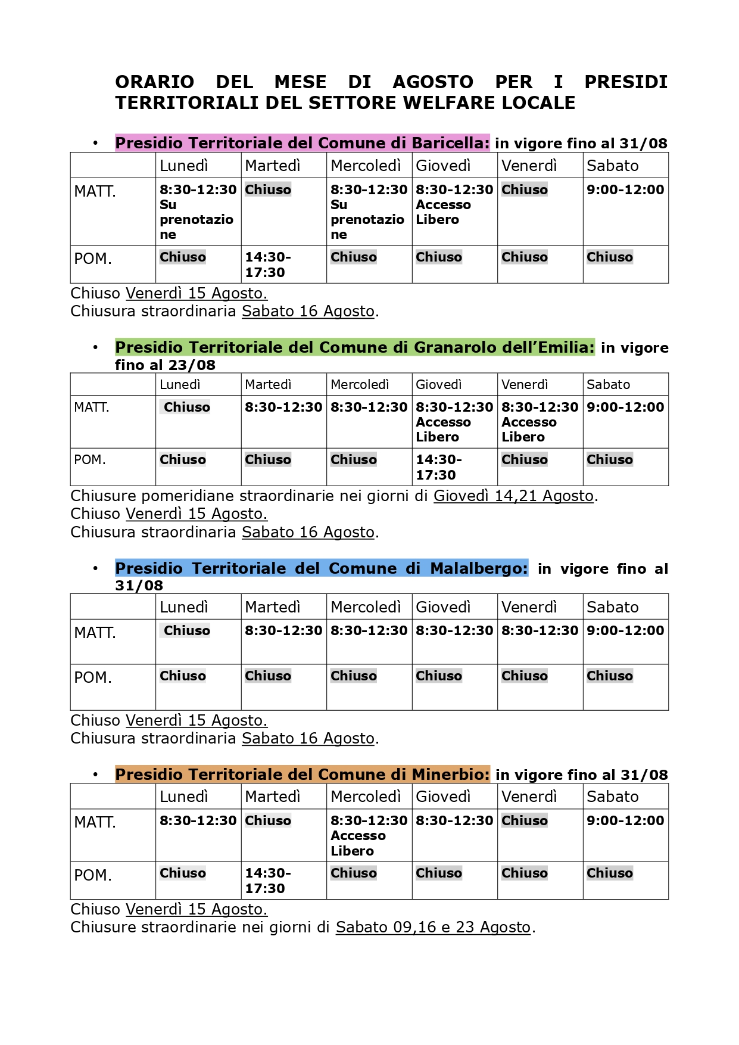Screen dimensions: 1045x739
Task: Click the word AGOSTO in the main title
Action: (433, 82)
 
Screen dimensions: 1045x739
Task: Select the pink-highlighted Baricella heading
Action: (302, 143)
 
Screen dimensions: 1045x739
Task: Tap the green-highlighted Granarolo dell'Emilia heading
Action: (354, 347)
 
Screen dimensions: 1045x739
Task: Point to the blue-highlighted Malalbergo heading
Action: (321, 568)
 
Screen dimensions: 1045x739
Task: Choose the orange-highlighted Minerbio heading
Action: (302, 775)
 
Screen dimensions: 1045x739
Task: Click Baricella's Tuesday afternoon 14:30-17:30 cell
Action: (267, 265)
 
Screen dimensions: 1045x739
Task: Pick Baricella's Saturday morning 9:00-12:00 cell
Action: (625, 190)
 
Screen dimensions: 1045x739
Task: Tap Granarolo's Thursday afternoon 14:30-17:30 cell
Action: (438, 467)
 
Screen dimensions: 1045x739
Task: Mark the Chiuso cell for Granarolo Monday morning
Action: (187, 408)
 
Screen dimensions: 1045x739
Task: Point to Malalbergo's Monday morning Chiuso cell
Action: (187, 631)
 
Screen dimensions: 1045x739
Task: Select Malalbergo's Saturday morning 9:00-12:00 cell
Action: (625, 631)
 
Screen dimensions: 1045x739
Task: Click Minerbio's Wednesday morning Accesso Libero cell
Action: (369, 835)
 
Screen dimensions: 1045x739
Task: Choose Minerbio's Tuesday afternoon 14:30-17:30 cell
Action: (267, 881)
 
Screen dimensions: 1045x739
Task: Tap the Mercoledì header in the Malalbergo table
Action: (365, 607)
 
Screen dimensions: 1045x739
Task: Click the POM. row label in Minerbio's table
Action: (93, 875)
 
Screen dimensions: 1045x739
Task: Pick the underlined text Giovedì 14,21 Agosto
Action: (513, 496)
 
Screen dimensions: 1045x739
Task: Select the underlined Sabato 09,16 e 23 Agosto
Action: (433, 928)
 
